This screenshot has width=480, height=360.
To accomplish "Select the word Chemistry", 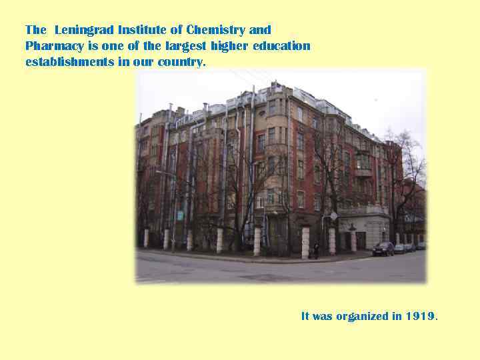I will [x=215, y=30].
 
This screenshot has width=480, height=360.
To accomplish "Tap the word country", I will [x=182, y=62].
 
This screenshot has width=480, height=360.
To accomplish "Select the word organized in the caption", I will [x=362, y=316].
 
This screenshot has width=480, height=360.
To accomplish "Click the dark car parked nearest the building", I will [x=383, y=249].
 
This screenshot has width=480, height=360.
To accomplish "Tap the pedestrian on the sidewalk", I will [x=316, y=251].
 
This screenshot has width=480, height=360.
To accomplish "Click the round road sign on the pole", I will [x=333, y=216].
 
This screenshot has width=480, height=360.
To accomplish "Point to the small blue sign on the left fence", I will [x=180, y=215].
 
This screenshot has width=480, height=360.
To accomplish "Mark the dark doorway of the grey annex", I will [x=361, y=240].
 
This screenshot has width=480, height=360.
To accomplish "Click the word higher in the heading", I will [x=230, y=46].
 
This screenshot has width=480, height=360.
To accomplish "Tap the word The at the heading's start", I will [x=35, y=30].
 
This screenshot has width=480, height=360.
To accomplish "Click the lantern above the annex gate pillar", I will [x=352, y=227].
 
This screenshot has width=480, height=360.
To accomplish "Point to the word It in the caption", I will [x=305, y=316].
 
